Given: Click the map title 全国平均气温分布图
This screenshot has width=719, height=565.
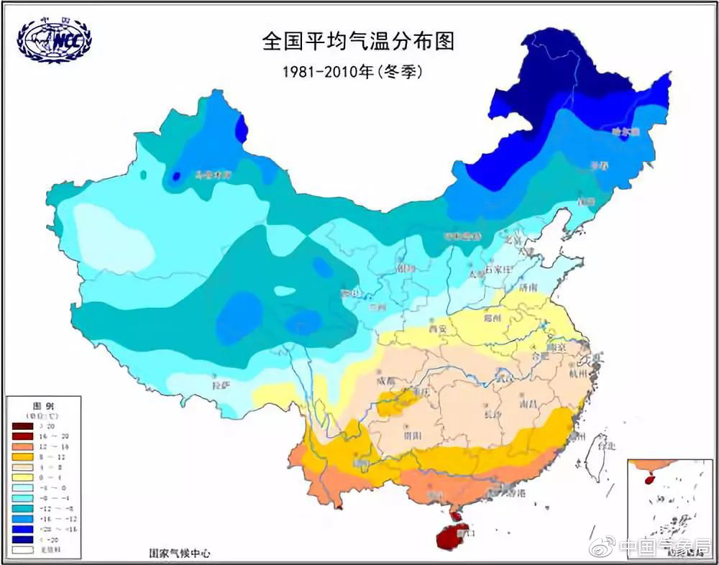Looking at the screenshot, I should pos(359,41).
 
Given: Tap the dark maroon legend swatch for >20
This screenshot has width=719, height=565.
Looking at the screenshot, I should pos(22,426).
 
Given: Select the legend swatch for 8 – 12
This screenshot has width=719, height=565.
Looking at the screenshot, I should pos(22,456).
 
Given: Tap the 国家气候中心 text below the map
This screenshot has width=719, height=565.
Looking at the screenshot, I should pos(180,554).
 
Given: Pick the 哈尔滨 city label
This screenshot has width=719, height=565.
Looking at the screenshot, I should pos(624,131).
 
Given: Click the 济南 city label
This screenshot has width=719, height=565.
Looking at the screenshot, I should pos(527,288).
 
